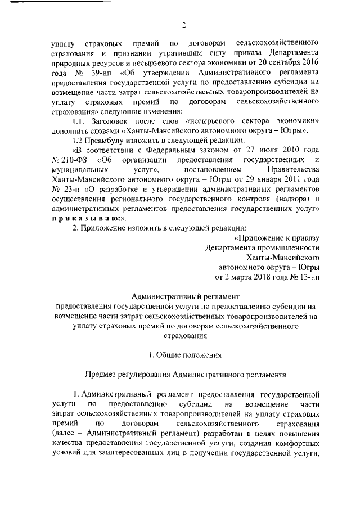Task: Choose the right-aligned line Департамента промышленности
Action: (262, 247)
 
